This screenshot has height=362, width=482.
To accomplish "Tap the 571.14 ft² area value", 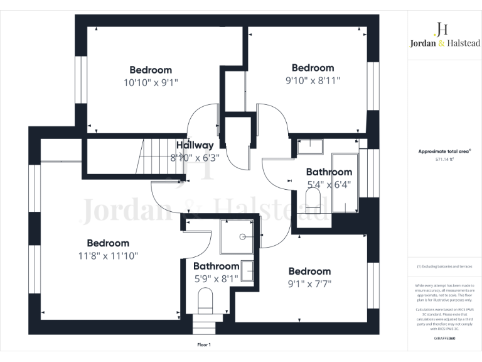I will pos(445,159).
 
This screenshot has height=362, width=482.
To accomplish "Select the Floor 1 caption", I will pos(204,345).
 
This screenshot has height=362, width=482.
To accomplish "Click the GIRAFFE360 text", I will pos(444,338).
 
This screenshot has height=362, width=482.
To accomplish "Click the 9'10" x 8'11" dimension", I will pos(313,80).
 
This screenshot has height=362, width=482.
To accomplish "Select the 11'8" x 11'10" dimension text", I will pos(108,256).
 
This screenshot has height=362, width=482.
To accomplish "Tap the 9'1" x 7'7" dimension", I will pos(309,283).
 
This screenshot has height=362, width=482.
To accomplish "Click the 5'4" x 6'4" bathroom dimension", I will pos(328,185).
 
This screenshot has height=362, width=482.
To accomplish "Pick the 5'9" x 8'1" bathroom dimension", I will pos(216,278).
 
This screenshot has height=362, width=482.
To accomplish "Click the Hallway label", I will pos(195,145).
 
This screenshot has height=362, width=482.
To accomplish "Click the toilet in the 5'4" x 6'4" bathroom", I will pos(312,201).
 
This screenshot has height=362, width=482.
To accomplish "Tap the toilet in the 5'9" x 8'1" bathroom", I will pos(205,300).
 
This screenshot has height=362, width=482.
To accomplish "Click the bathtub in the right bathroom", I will pos(345,182).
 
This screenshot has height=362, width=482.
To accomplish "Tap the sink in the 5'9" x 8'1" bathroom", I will pos(249,271).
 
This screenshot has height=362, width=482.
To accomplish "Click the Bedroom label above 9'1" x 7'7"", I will pos(309,271).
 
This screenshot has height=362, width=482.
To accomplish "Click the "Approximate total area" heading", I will pos(444,151).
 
